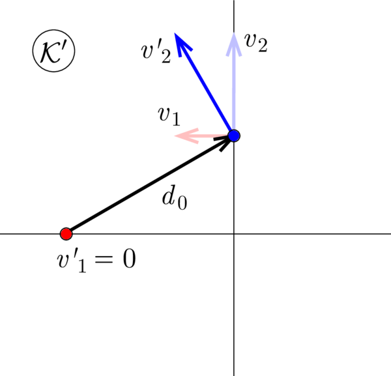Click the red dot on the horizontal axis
point(66,234)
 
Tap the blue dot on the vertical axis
point(234,136)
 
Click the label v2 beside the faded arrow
point(256,42)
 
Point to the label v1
point(169,117)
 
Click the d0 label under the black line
point(175,200)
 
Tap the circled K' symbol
point(53,51)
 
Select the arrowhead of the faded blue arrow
point(234,44)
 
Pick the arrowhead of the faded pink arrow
point(186,136)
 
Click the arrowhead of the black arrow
point(224,143)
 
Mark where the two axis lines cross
point(234,234)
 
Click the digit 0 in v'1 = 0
point(130,259)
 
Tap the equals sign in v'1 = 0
point(103,260)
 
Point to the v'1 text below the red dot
point(72,261)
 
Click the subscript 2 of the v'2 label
point(166,57)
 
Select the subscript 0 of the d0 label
point(182,203)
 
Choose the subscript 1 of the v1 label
point(176,120)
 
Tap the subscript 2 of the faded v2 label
point(263,46)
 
